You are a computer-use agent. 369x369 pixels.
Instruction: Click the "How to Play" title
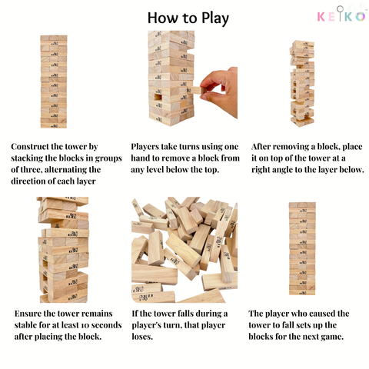point(184,17)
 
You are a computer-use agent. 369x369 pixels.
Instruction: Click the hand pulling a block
point(221,91)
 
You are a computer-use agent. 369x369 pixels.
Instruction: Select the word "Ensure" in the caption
point(29,314)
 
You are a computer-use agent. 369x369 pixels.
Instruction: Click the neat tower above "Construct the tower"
point(53,81)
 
